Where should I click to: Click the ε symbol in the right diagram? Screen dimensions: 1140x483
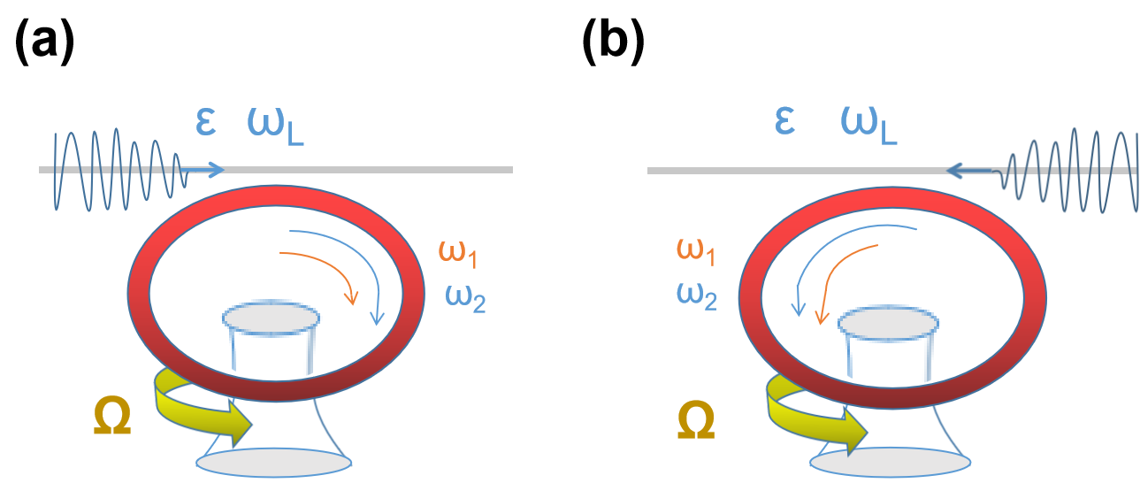pyautogui.click(x=784, y=122)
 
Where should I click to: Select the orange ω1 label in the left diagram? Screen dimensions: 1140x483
pyautogui.click(x=458, y=254)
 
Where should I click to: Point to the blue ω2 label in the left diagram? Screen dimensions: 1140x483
pyautogui.click(x=465, y=297)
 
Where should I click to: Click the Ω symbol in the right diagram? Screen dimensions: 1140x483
pyautogui.click(x=696, y=421)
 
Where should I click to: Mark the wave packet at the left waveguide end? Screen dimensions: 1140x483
pyautogui.click(x=115, y=170)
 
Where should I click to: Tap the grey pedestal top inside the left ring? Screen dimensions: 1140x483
pyautogui.click(x=271, y=317)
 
